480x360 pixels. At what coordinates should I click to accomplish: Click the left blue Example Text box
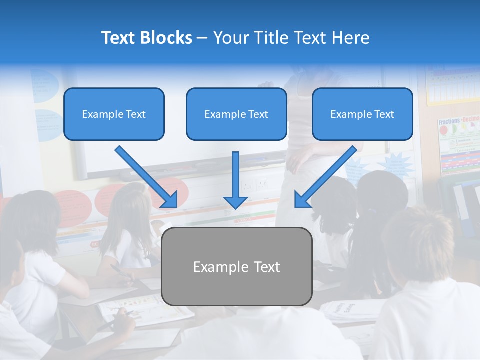pos(114,114)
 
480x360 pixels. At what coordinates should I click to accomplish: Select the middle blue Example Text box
pos(236,114)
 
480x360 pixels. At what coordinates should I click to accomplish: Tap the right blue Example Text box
pos(362,114)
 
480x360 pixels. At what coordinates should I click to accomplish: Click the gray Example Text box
pos(236,267)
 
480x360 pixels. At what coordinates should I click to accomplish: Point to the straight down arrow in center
pos(235,177)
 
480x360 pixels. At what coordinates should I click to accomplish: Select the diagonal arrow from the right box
pos(325,176)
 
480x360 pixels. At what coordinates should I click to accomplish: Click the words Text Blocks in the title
pos(146,38)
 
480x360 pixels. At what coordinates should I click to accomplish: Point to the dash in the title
pos(202,38)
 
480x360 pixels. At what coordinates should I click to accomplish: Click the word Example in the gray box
pos(216,267)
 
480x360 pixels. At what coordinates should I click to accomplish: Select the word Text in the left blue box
pos(135,114)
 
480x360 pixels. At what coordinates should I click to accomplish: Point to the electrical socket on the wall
pos(254,184)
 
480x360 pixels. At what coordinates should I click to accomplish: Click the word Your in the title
pos(231,38)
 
